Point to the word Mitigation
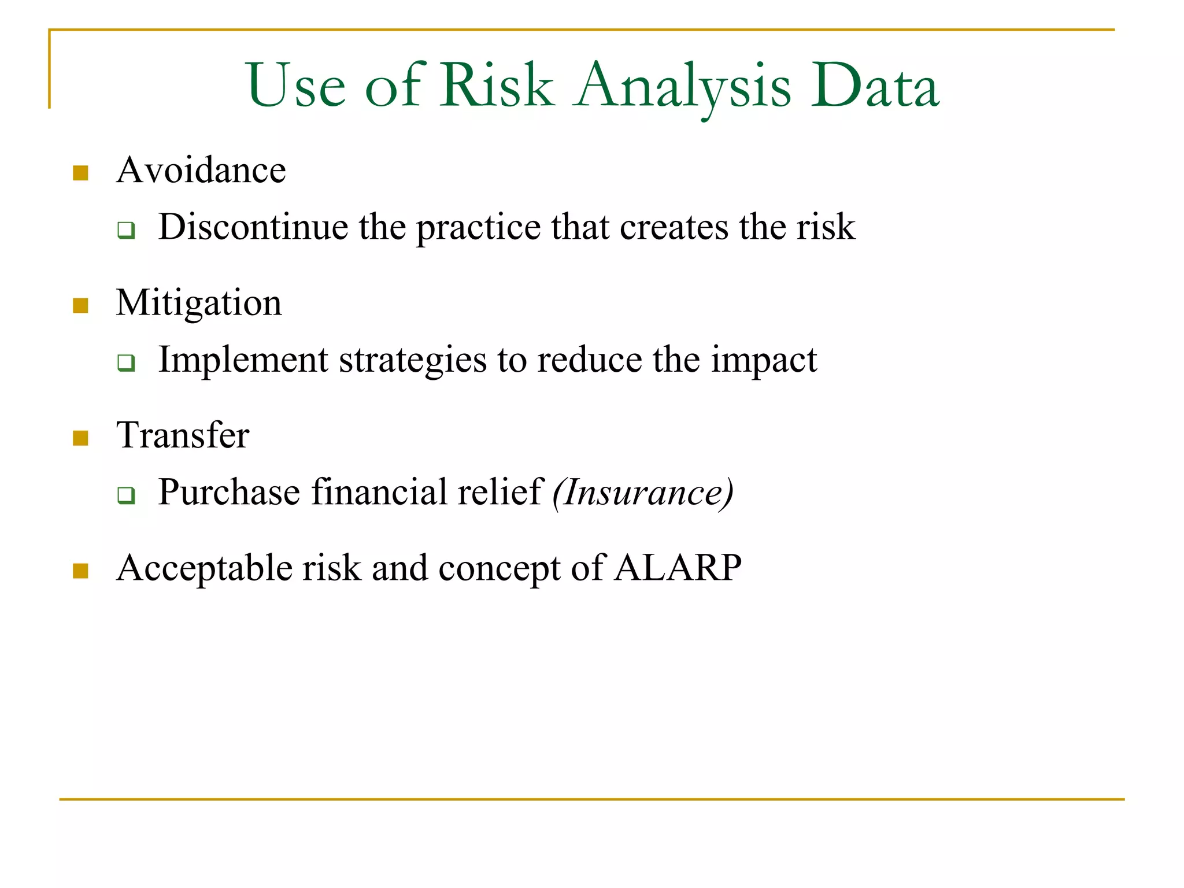(x=198, y=303)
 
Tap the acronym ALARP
(x=678, y=568)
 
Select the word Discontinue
(x=253, y=227)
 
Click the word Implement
(x=243, y=360)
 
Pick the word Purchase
(x=229, y=493)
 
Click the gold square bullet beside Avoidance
(x=80, y=173)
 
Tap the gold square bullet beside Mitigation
(x=80, y=305)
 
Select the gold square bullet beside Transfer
(x=80, y=438)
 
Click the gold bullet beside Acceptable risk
(x=80, y=571)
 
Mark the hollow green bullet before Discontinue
(x=126, y=230)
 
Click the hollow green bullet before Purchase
(x=126, y=495)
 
